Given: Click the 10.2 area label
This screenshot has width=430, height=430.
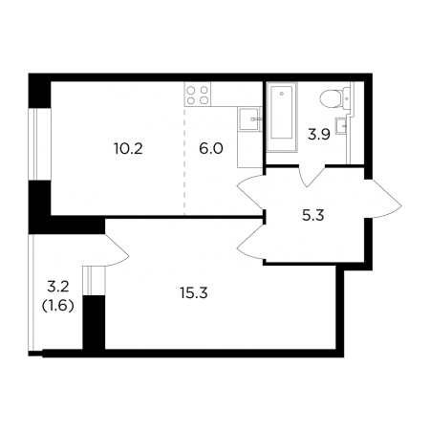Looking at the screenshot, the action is tap(128, 149).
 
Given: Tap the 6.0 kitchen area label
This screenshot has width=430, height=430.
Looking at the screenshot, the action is tap(211, 149).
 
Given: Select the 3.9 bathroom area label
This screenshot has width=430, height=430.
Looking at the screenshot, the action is tap(318, 135).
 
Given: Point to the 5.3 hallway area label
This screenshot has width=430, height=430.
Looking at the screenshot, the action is tap(312, 216).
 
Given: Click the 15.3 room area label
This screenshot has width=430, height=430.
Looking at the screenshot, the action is tap(194, 293).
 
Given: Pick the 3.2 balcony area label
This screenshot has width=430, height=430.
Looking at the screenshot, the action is tap(58, 288).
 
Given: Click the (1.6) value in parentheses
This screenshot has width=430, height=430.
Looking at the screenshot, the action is tap(58, 306).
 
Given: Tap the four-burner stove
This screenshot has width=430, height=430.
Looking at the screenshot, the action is tap(198, 96).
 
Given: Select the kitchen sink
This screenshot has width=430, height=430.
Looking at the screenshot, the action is tap(248, 119).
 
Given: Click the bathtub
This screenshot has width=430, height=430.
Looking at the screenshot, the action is tap(282, 117).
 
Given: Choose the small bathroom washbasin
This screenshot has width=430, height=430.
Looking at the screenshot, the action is tap(342, 126).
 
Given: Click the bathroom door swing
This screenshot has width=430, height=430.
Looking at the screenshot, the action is tap(311, 176).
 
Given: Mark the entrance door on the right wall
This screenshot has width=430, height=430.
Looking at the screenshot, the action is tap(383, 199).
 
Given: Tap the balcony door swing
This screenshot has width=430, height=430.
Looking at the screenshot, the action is tap(117, 250).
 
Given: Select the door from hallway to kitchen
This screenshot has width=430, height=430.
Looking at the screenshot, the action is tap(251, 193).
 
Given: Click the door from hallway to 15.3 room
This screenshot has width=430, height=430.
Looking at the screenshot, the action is tap(251, 243).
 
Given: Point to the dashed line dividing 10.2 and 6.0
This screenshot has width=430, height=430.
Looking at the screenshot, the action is tap(184, 161).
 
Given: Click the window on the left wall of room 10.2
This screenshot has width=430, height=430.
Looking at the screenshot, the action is tap(39, 144).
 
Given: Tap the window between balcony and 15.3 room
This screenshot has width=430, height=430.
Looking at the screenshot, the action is tap(94, 281).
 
